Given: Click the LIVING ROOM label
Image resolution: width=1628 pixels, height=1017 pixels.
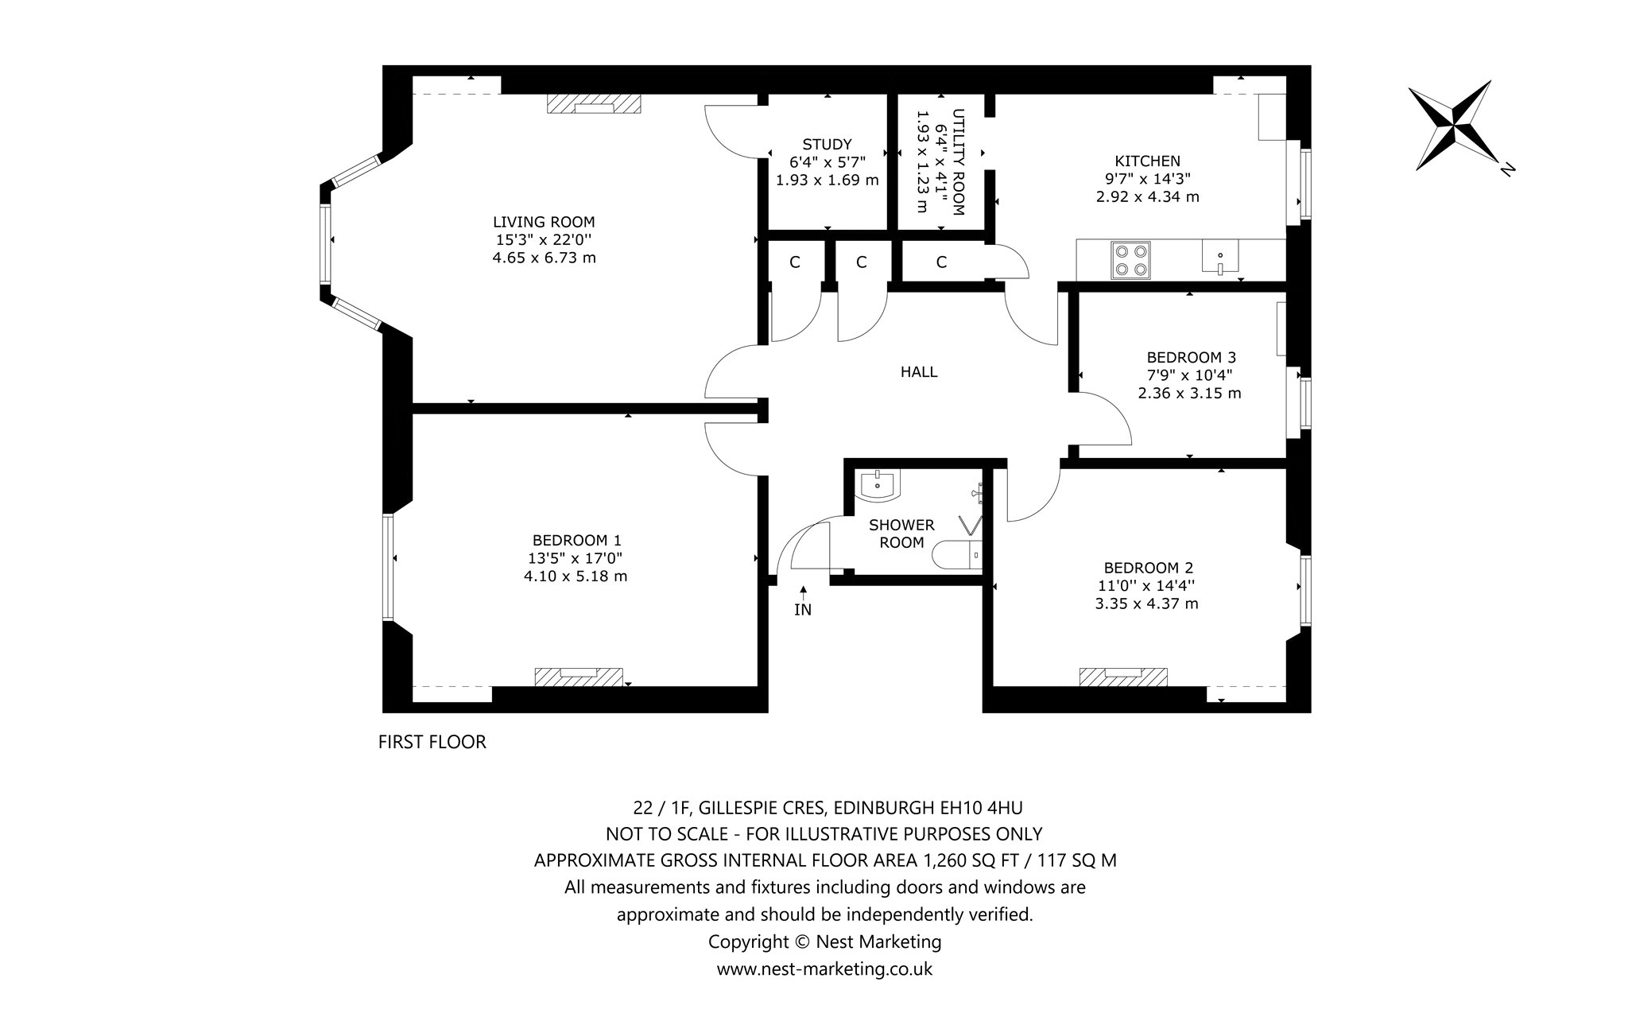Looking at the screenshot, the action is [544, 222].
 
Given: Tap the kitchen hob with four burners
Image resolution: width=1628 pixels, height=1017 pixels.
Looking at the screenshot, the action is [1130, 259].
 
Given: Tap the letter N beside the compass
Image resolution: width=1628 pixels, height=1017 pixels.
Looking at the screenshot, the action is [1506, 168].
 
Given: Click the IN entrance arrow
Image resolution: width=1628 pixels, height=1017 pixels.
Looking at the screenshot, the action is [804, 594].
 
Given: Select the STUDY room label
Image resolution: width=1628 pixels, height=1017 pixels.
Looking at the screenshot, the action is [827, 144].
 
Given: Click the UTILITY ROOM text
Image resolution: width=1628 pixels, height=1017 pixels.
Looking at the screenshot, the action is [958, 162].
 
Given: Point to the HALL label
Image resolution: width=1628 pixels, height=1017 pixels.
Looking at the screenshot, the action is [919, 371].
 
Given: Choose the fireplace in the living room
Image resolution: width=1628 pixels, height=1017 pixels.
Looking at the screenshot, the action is [594, 105].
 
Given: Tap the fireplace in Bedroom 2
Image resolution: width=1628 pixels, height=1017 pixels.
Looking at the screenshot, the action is [1123, 676].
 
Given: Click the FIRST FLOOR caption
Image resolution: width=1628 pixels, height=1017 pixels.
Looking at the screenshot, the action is [432, 742].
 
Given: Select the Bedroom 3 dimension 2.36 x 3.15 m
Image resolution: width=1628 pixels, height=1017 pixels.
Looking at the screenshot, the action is [1189, 393].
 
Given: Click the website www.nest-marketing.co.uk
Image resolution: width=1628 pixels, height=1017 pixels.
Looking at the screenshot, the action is [824, 969].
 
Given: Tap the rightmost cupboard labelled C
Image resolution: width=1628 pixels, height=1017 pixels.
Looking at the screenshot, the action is [941, 262].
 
